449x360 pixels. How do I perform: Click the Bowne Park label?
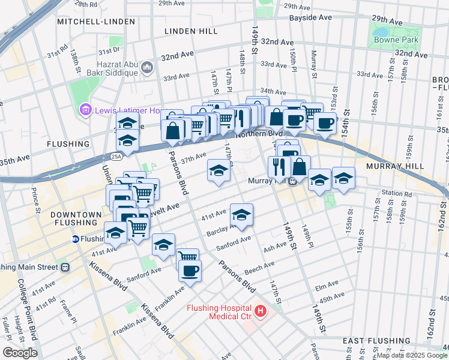pos(391,40)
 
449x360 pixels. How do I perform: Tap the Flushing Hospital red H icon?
pos(261,310)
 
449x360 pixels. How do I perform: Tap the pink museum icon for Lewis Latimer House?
pos(85,110)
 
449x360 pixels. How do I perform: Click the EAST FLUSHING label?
pos(372,341)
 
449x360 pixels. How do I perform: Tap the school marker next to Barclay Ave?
pos(241,215)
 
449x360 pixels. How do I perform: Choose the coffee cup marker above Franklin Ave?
pos(190,271)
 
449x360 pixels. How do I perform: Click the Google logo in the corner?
pos(19,353)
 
